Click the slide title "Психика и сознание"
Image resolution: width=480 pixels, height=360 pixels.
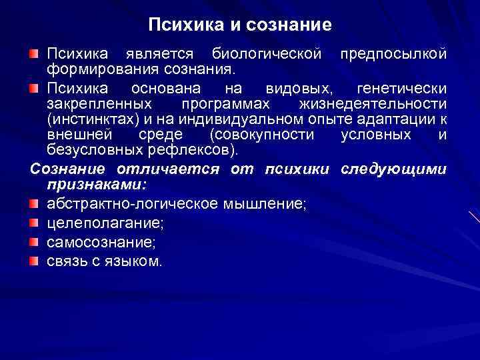tap(240, 25)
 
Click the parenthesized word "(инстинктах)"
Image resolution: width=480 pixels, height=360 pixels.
tap(91, 119)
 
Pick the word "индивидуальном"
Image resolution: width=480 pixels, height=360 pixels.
tap(243, 119)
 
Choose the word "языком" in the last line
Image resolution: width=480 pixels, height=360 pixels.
tap(137, 261)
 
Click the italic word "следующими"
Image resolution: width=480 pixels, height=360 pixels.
tap(393, 169)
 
